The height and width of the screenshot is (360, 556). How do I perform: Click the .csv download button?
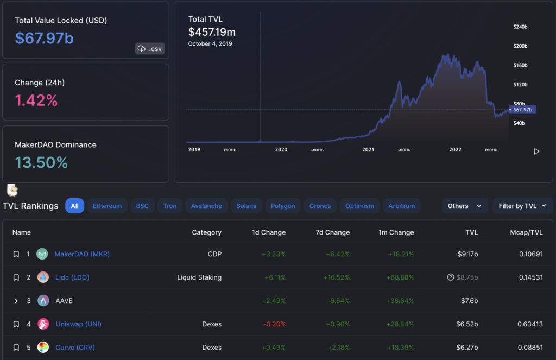pos(150,49)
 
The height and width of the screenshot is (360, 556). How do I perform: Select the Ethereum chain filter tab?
pos(107,206)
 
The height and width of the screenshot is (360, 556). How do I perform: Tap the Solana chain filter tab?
pos(247,206)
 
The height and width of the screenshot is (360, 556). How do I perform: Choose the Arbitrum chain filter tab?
pos(402,206)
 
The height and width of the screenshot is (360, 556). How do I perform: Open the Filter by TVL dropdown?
pos(523,206)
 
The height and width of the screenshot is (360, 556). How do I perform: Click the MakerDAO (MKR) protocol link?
pos(82,254)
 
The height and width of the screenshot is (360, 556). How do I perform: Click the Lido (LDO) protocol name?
pos(72,277)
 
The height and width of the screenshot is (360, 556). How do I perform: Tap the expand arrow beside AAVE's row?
pos(16,301)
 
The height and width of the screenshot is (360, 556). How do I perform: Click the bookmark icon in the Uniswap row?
pos(16,324)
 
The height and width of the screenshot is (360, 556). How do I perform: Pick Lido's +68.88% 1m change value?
pos(401,277)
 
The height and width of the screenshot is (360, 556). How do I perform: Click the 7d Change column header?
pos(333,232)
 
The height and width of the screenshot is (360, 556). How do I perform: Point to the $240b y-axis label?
pos(520,27)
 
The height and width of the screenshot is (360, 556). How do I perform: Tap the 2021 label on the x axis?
pos(368,149)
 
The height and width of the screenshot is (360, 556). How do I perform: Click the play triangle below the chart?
pos(536,151)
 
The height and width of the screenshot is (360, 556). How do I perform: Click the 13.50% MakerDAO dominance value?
pos(41,162)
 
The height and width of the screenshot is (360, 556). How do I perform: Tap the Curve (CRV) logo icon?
pos(43,348)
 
